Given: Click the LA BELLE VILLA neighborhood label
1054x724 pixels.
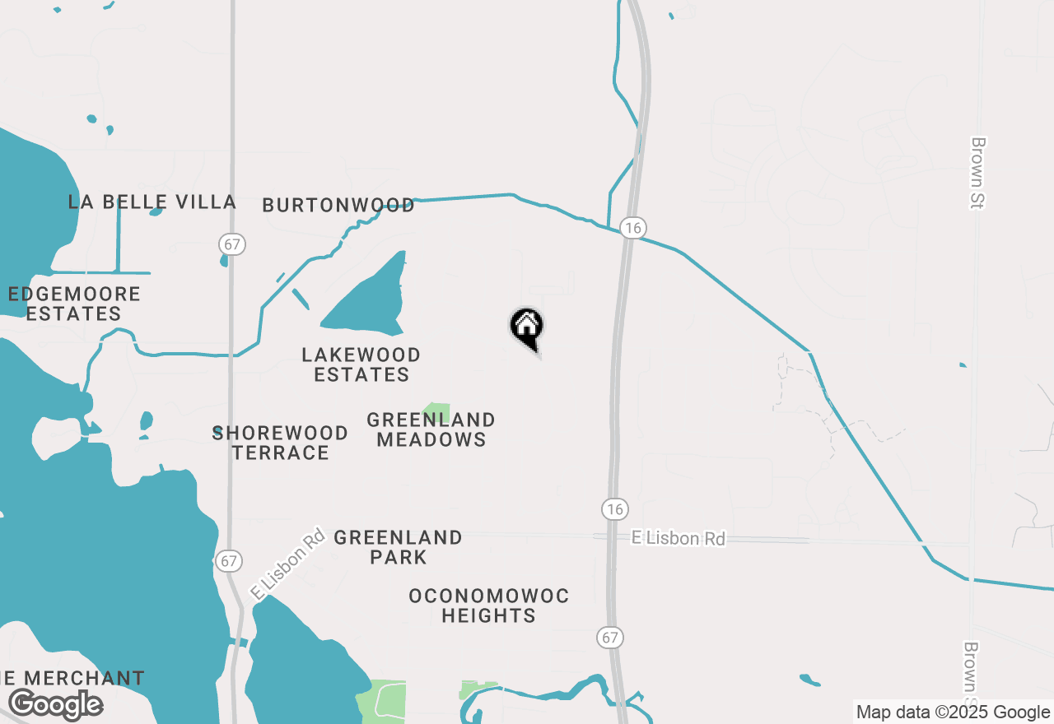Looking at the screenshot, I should [x=152, y=202].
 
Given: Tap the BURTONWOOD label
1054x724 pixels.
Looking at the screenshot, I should [x=338, y=205].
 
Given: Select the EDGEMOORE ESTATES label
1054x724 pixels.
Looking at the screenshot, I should [x=74, y=304].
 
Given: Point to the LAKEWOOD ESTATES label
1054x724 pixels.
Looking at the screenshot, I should [x=361, y=364].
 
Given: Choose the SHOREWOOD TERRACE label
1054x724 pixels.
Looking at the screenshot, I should [x=280, y=443].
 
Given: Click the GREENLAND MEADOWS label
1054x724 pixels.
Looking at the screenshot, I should [x=431, y=429].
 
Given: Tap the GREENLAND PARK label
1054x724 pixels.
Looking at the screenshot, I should [x=398, y=547].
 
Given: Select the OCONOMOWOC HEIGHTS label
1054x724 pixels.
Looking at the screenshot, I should [x=489, y=605].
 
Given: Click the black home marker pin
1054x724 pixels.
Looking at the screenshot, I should [x=527, y=327].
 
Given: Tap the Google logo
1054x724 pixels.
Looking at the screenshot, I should [x=55, y=705].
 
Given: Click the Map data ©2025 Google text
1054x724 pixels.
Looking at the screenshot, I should [x=953, y=712].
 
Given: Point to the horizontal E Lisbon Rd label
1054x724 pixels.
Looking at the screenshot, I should [x=678, y=538].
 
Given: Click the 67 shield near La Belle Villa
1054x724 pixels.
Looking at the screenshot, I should [x=233, y=244].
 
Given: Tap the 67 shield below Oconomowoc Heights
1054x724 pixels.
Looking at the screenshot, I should [x=611, y=637].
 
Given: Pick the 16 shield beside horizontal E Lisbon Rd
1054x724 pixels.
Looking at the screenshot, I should [x=614, y=508].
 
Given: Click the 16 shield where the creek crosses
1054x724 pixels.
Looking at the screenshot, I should [x=632, y=228].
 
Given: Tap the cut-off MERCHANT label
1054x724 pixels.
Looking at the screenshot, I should [x=72, y=679].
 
